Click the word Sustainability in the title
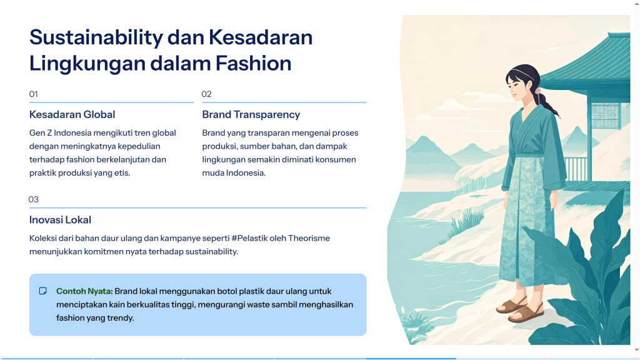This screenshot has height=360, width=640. pos(96,38)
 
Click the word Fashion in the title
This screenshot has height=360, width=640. pos(254,63)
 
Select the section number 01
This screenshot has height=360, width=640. pos(34,94)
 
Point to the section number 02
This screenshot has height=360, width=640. pos(206,94)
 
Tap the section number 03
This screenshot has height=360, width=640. pos(34,199)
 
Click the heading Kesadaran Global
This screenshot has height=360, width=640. pos(72,115)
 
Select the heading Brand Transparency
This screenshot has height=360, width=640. pos(251,115)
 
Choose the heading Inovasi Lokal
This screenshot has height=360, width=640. pos(60,220)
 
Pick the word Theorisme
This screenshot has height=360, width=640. pos(309,238)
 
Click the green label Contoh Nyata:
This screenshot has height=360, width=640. pos(84,291)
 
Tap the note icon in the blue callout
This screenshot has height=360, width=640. pos(43,291)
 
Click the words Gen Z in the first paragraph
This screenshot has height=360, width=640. pos(41,133)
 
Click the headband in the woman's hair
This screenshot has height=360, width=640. pos(518,72)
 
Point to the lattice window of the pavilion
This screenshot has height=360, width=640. pos(605,116)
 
